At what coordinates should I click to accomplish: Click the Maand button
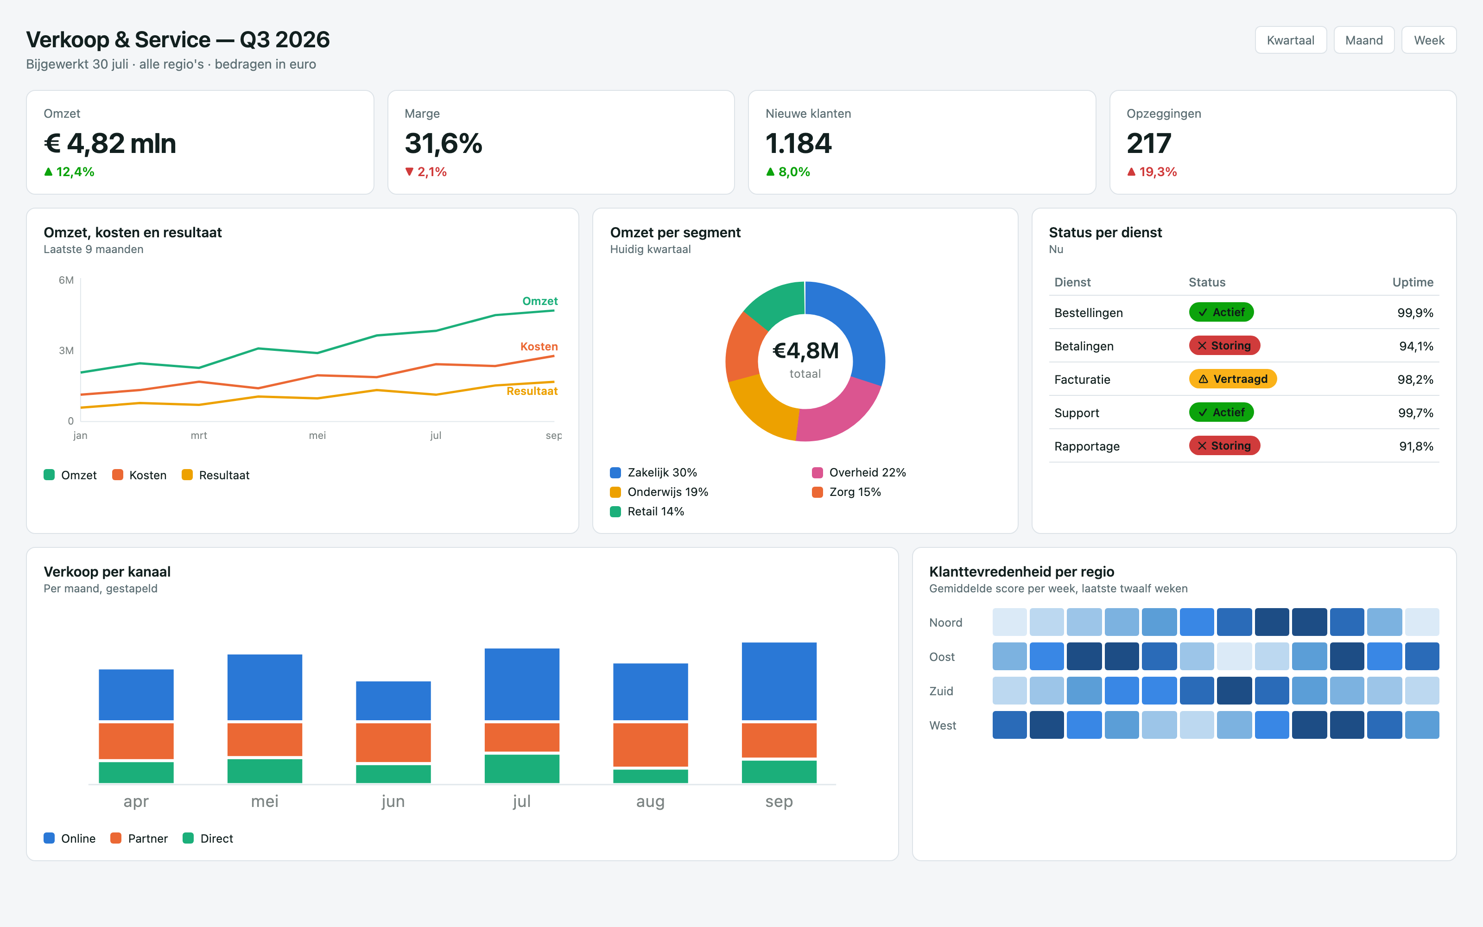pyautogui.click(x=1363, y=40)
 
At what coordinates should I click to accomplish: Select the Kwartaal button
pyautogui.click(x=1291, y=40)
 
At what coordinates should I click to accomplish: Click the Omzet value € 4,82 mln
pyautogui.click(x=110, y=144)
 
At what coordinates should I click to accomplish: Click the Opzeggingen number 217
pyautogui.click(x=1148, y=144)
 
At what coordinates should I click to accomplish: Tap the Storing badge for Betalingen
pyautogui.click(x=1224, y=346)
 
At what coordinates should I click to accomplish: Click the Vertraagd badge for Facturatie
pyautogui.click(x=1233, y=379)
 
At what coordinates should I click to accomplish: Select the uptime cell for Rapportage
pyautogui.click(x=1416, y=446)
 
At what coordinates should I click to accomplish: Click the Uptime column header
pyautogui.click(x=1413, y=282)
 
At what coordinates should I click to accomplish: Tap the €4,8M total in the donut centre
pyautogui.click(x=805, y=351)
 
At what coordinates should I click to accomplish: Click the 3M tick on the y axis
pyautogui.click(x=66, y=351)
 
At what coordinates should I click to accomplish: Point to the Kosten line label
pyautogui.click(x=539, y=346)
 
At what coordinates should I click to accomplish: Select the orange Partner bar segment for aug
pyautogui.click(x=651, y=744)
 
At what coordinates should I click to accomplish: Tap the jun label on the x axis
pyautogui.click(x=393, y=801)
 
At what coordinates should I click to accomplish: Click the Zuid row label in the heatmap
pyautogui.click(x=941, y=691)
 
